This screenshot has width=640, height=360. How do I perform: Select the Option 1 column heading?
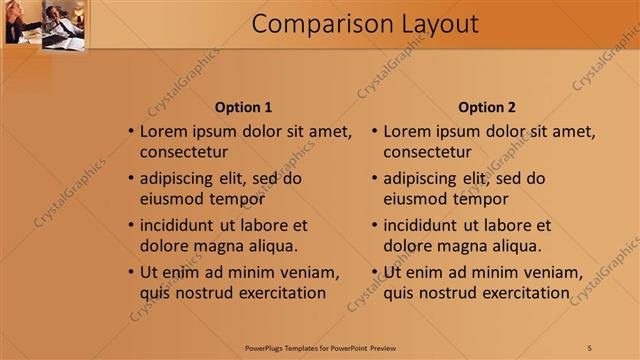click(243, 107)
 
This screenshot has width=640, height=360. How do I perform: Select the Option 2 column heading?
click(487, 107)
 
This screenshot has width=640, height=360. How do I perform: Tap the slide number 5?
click(590, 346)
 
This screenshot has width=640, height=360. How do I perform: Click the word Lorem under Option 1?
click(165, 131)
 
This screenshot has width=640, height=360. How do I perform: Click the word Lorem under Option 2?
click(409, 131)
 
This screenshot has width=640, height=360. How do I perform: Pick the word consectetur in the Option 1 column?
click(184, 153)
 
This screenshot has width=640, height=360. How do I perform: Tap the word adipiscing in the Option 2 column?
click(420, 178)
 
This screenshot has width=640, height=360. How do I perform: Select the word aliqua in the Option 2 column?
click(515, 245)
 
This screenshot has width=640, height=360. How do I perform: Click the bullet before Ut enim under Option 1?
click(131, 272)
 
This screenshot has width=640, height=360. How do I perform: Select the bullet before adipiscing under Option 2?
click(375, 178)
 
